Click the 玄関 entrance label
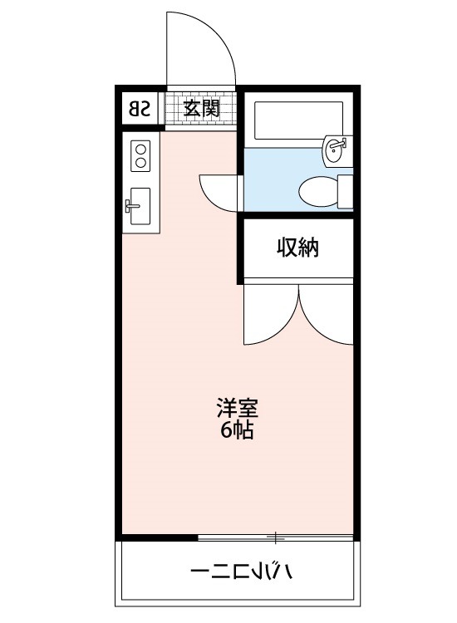(x=202, y=108)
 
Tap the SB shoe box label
(x=140, y=108)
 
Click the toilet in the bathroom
(x=317, y=191)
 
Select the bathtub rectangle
(x=297, y=121)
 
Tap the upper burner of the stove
(x=140, y=150)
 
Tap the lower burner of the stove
(x=140, y=163)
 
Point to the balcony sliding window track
(x=274, y=537)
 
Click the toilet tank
(x=345, y=191)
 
